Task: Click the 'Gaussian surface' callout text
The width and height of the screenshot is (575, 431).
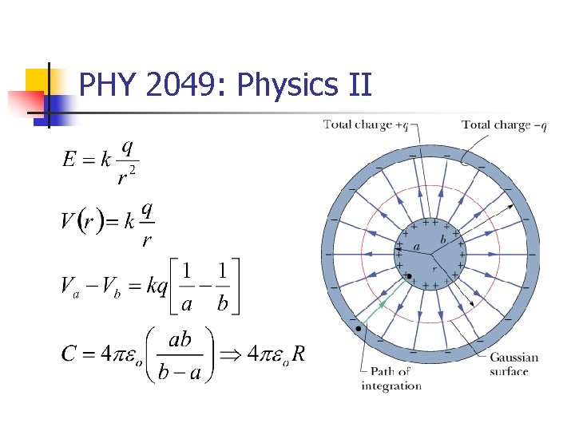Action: pos(514,364)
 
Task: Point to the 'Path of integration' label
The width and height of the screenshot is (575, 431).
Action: pos(391,379)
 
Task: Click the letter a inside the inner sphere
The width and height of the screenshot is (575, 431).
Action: pos(416,247)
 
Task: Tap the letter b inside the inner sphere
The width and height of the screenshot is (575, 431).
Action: pos(442,239)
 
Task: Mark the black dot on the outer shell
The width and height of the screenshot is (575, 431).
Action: pos(359,327)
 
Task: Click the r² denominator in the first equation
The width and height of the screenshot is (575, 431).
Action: pos(126,176)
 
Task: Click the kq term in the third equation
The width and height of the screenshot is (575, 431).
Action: pos(157,285)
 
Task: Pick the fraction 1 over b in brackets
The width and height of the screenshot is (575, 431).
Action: pos(223,286)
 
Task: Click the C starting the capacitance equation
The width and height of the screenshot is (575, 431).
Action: pos(69,354)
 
